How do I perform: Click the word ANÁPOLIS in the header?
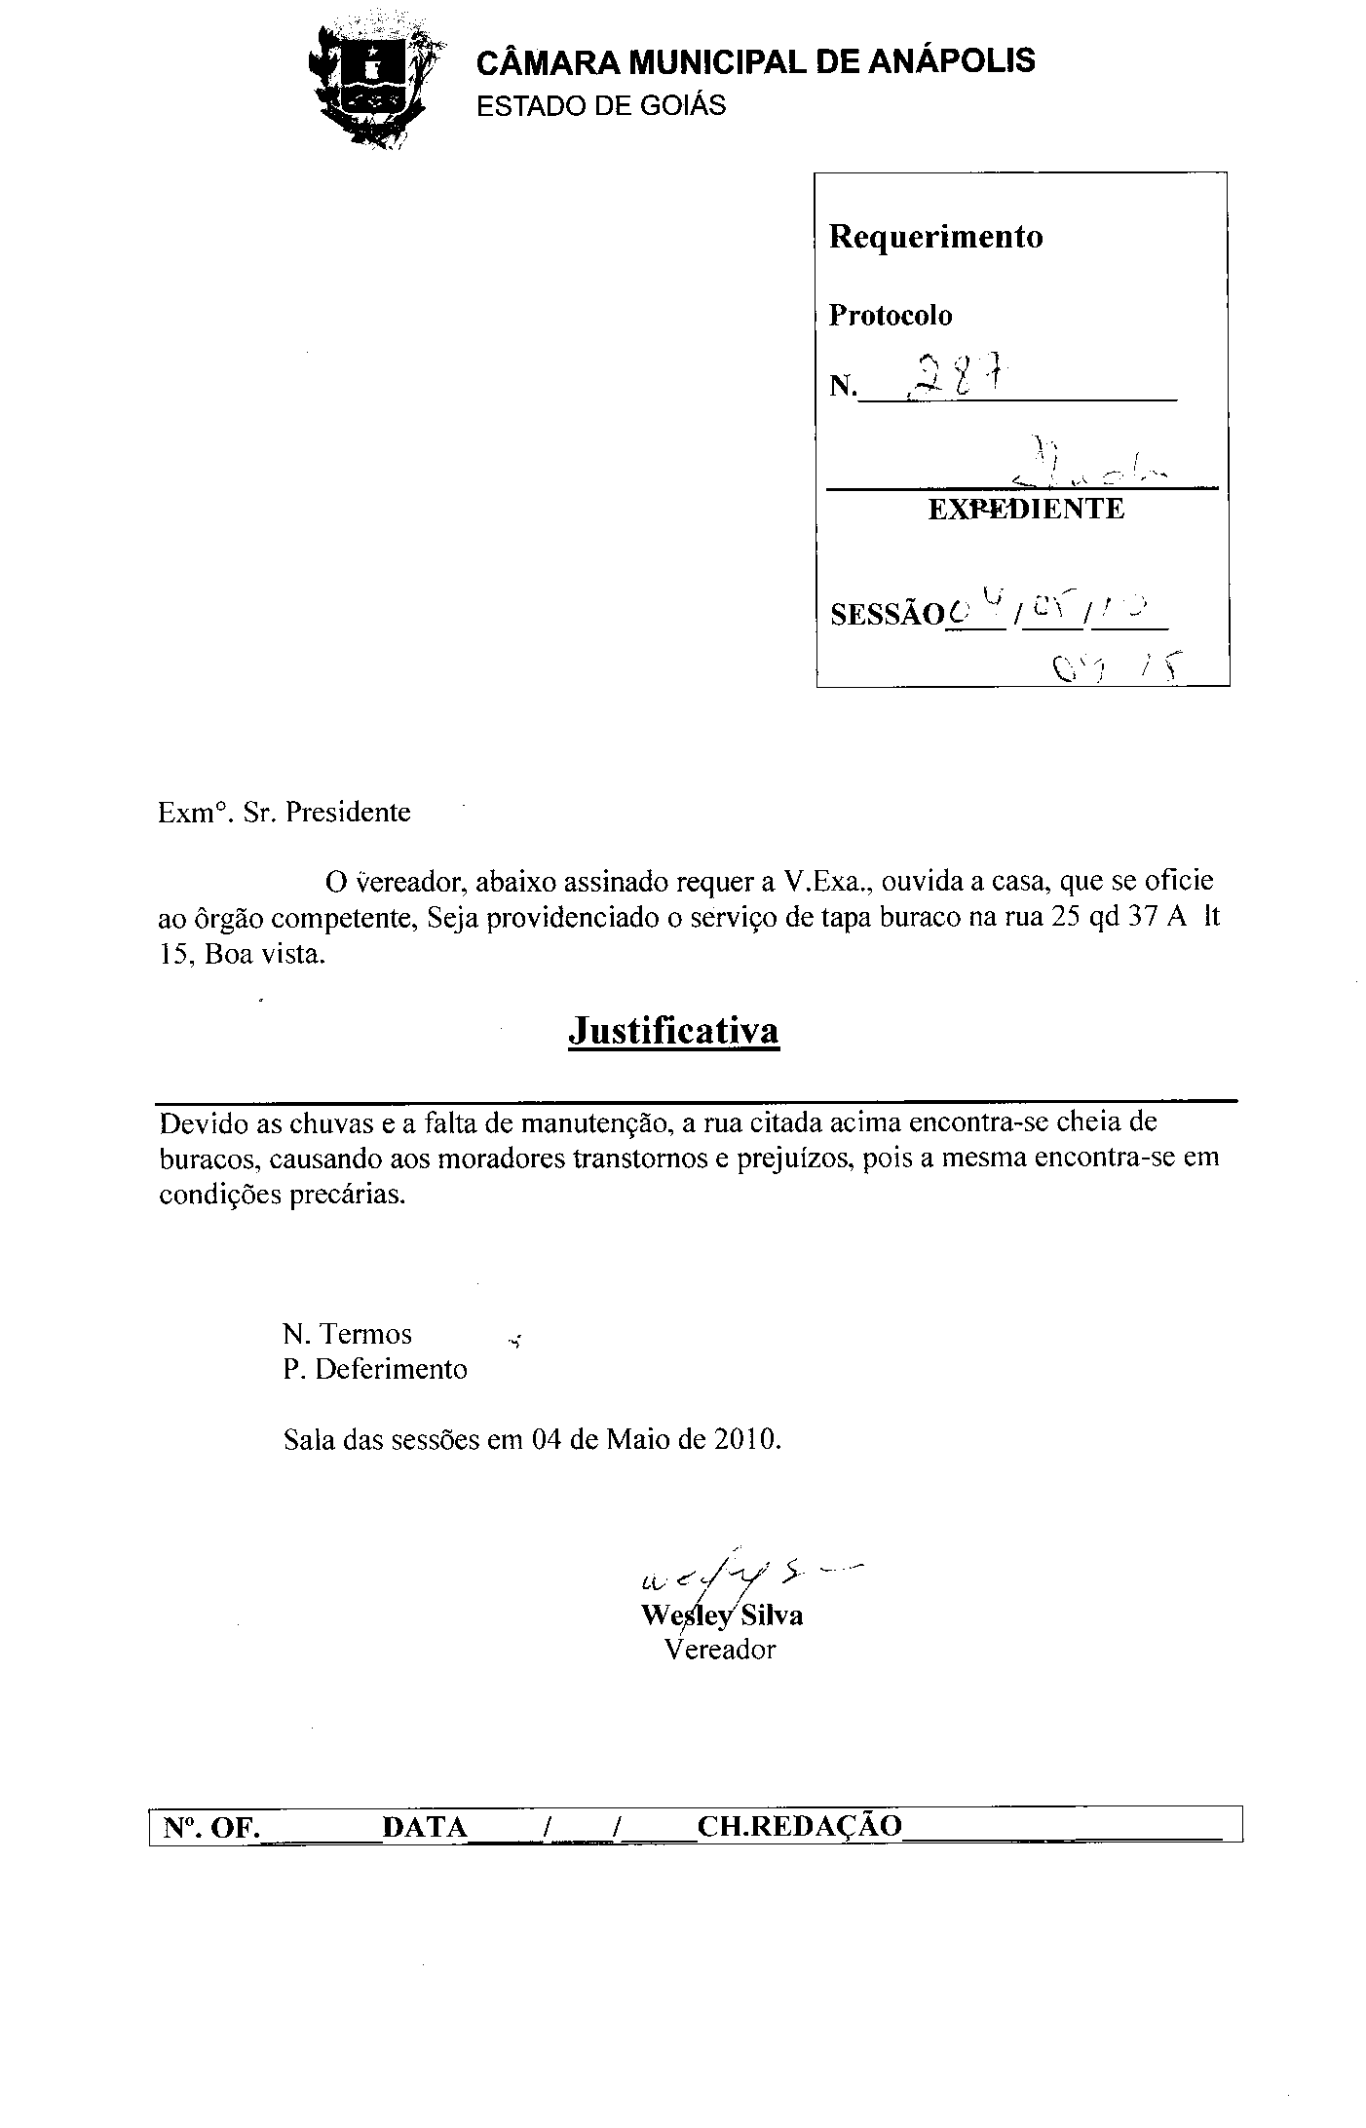pos(950,61)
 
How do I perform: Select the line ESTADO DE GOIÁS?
pos(600,106)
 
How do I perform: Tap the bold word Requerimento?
pos(935,237)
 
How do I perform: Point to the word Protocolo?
pos(890,316)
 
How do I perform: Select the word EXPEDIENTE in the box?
pos(1025,509)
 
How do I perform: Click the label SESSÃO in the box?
pos(887,615)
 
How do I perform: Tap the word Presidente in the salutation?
pos(349,813)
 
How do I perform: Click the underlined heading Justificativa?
pos(673,1031)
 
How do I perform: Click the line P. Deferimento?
pos(375,1370)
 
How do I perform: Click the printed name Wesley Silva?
pos(722,1615)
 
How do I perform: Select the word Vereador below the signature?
pos(720,1650)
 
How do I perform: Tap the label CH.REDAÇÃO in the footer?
pos(800,1827)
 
